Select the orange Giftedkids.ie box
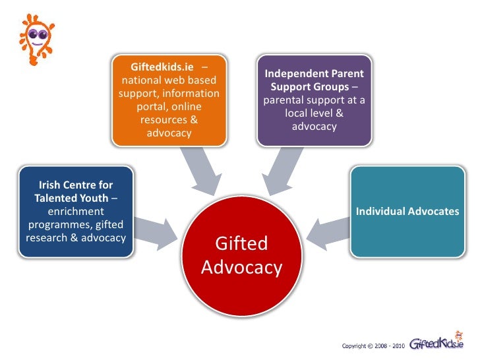coord(169,101)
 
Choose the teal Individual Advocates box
coord(407,211)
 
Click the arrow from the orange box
coord(200,171)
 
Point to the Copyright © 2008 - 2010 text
coord(373,345)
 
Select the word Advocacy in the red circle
coord(242,268)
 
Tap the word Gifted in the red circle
coord(242,244)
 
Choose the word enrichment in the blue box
coord(76,212)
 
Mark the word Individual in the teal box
coord(381,212)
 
